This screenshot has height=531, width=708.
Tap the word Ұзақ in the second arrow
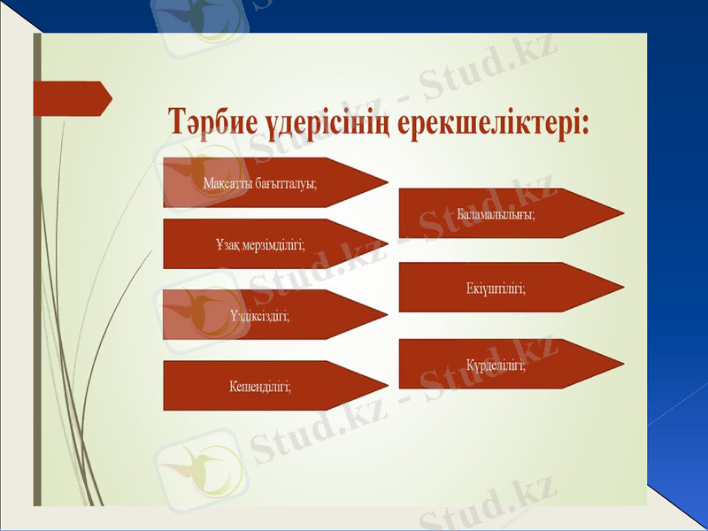pos(229,245)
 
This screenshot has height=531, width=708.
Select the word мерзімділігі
pos(275,245)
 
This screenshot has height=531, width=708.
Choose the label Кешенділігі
pos(260,386)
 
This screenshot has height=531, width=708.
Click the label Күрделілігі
pos(496,365)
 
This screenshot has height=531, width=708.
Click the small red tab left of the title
pos(71,98)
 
